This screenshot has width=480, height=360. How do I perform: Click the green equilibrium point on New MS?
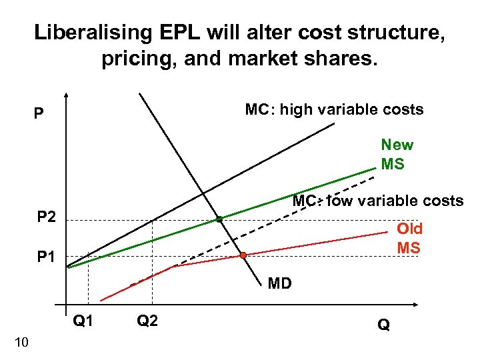(x=219, y=219)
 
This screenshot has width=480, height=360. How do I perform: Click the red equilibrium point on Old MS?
(x=243, y=255)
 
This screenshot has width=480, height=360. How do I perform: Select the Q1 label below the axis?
(x=83, y=321)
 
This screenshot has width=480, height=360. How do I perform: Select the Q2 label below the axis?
(x=147, y=321)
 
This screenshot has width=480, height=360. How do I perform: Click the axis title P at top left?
(x=39, y=114)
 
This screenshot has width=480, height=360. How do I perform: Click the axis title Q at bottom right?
(x=384, y=325)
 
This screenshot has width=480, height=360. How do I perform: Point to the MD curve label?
(x=280, y=284)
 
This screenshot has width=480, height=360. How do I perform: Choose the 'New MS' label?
(x=397, y=154)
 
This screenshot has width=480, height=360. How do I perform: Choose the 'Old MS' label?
(x=409, y=238)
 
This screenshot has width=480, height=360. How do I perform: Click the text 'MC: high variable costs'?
(x=334, y=109)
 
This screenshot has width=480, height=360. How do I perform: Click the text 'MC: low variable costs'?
(x=378, y=201)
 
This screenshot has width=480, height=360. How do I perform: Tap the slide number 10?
(x=21, y=343)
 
